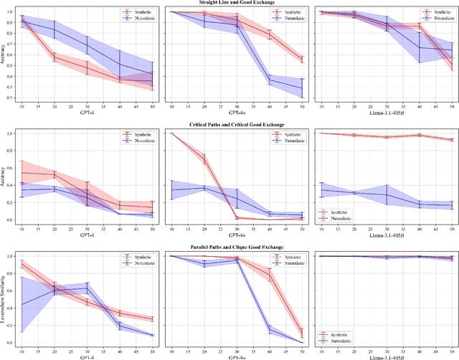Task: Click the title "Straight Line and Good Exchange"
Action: pyautogui.click(x=229, y=3)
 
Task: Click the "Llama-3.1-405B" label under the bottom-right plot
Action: pyautogui.click(x=387, y=356)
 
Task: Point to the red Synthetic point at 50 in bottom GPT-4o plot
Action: pyautogui.click(x=302, y=333)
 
